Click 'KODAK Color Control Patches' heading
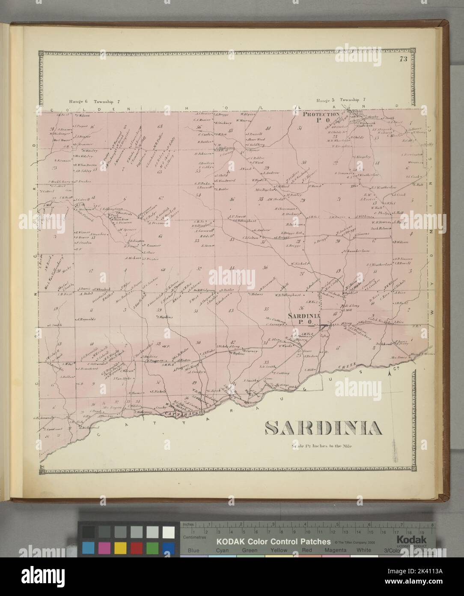[x=274, y=542]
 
